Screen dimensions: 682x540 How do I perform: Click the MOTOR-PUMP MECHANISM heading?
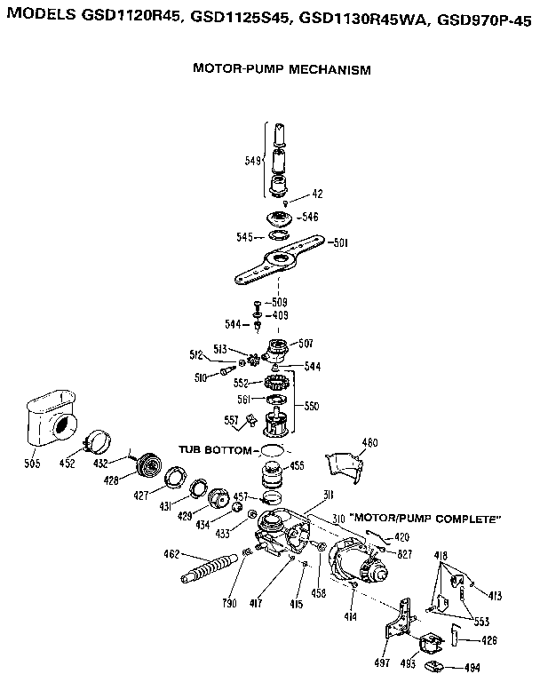(x=282, y=69)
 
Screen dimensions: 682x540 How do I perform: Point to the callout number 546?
(x=309, y=217)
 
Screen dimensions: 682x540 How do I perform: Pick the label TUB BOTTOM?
(x=217, y=450)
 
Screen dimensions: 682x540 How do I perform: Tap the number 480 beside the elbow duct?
(x=370, y=442)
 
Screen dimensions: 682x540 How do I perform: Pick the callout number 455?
(x=298, y=465)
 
